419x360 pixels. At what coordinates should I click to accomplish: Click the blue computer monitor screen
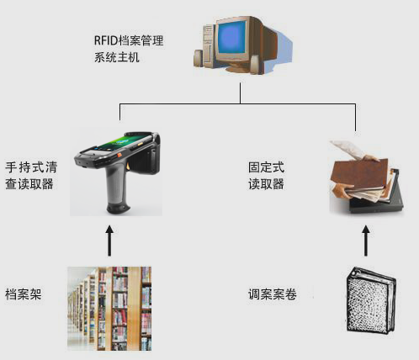[x=232, y=38]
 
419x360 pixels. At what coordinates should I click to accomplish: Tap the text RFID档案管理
[x=129, y=40]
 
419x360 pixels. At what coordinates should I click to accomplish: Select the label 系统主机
[x=117, y=57]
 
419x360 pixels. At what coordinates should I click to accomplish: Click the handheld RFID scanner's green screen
[x=125, y=142]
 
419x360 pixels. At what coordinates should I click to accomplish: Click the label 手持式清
[x=31, y=167]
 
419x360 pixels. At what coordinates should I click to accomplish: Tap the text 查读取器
[x=29, y=184]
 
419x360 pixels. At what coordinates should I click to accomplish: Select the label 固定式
[x=266, y=167]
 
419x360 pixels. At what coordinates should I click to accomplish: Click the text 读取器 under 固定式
[x=266, y=184]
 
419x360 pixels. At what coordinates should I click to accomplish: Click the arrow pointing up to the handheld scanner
[x=109, y=241]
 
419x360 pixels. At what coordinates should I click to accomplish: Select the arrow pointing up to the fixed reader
[x=366, y=241]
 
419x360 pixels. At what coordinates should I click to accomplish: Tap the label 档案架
[x=24, y=294]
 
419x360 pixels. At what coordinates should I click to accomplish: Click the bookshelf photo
[x=109, y=309]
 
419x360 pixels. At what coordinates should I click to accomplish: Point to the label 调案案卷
[x=273, y=294]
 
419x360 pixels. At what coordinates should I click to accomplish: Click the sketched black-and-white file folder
[x=371, y=300]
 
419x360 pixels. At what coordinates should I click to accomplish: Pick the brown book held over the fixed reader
[x=360, y=174]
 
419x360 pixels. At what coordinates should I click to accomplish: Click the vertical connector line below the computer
[x=240, y=93]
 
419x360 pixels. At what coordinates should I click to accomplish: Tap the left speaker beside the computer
[x=199, y=58]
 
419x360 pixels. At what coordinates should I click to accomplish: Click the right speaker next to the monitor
[x=255, y=65]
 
